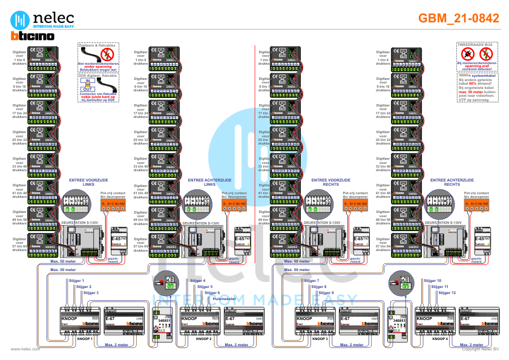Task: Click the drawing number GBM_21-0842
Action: [459, 18]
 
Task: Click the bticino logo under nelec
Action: [32, 36]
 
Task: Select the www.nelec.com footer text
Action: [25, 349]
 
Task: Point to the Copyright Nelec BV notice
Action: [480, 349]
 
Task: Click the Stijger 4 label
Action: [198, 281]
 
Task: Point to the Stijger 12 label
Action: [446, 292]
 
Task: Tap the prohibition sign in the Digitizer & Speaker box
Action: [108, 55]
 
